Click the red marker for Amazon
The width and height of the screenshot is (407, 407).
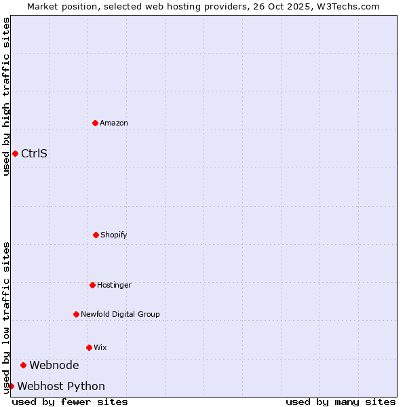point(95,123)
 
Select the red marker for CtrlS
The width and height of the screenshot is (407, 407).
point(15,153)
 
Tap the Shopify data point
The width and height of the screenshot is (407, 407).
point(96,235)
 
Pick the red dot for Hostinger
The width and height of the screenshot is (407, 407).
point(92,285)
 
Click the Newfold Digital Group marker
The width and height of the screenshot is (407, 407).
point(76,314)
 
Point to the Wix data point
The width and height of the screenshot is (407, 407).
point(89,347)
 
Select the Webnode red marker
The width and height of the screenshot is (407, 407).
point(23,365)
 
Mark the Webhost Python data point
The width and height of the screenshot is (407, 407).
point(11,386)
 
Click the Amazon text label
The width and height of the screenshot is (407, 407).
point(114,123)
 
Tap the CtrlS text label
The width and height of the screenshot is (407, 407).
point(34,153)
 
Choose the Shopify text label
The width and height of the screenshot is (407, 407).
point(114,235)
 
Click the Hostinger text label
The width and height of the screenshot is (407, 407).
point(114,285)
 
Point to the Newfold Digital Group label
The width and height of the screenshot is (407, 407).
point(120,314)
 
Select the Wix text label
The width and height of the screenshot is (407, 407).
point(100,347)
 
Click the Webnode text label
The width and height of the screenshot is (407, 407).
point(54,365)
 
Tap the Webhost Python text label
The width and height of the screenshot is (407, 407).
point(61,386)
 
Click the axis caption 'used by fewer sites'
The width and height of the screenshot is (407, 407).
point(70,402)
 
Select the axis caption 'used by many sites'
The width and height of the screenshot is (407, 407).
point(341,402)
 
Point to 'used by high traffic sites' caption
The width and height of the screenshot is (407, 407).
point(6,96)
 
